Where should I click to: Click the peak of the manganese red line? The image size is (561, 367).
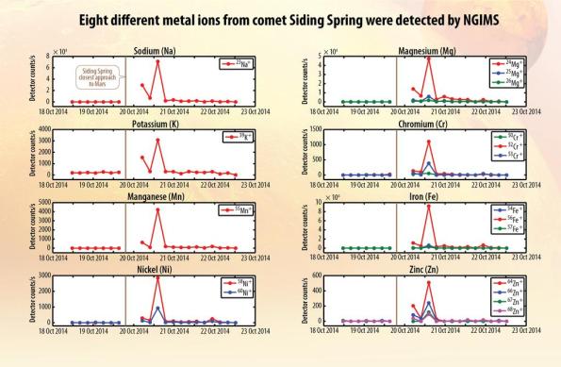[x=158, y=209]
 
